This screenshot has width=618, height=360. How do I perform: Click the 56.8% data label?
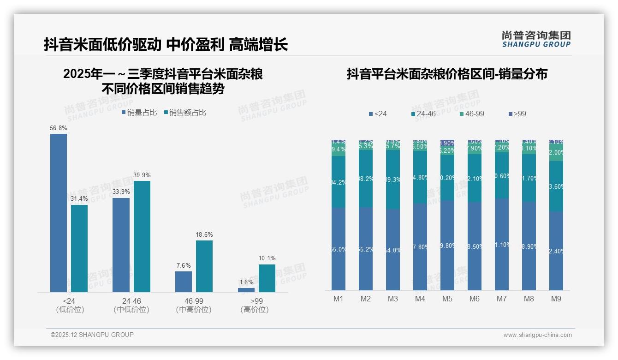[x=59, y=128]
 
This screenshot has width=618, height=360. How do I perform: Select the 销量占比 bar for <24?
[x=59, y=213]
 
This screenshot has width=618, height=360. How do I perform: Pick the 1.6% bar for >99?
[x=246, y=290]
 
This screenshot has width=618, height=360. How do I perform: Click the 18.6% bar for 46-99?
[x=204, y=266]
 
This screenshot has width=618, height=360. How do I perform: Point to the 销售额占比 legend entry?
[x=185, y=113]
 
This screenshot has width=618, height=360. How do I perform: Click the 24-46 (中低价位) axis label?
[x=131, y=305]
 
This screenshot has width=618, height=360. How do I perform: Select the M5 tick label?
[x=447, y=299]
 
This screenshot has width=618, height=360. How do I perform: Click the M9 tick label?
[x=556, y=299]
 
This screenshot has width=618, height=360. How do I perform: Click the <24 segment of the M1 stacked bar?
[x=339, y=249]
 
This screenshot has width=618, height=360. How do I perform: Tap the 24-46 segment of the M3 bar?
[x=393, y=180]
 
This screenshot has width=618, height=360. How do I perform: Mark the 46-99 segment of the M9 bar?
[x=556, y=152]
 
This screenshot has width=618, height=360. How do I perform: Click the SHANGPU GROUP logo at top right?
[x=536, y=39]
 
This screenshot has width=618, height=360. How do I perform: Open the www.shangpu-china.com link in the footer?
[x=537, y=335]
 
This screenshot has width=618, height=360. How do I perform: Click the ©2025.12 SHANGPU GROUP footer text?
[x=92, y=335]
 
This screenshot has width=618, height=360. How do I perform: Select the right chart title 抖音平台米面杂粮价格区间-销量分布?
[x=447, y=74]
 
